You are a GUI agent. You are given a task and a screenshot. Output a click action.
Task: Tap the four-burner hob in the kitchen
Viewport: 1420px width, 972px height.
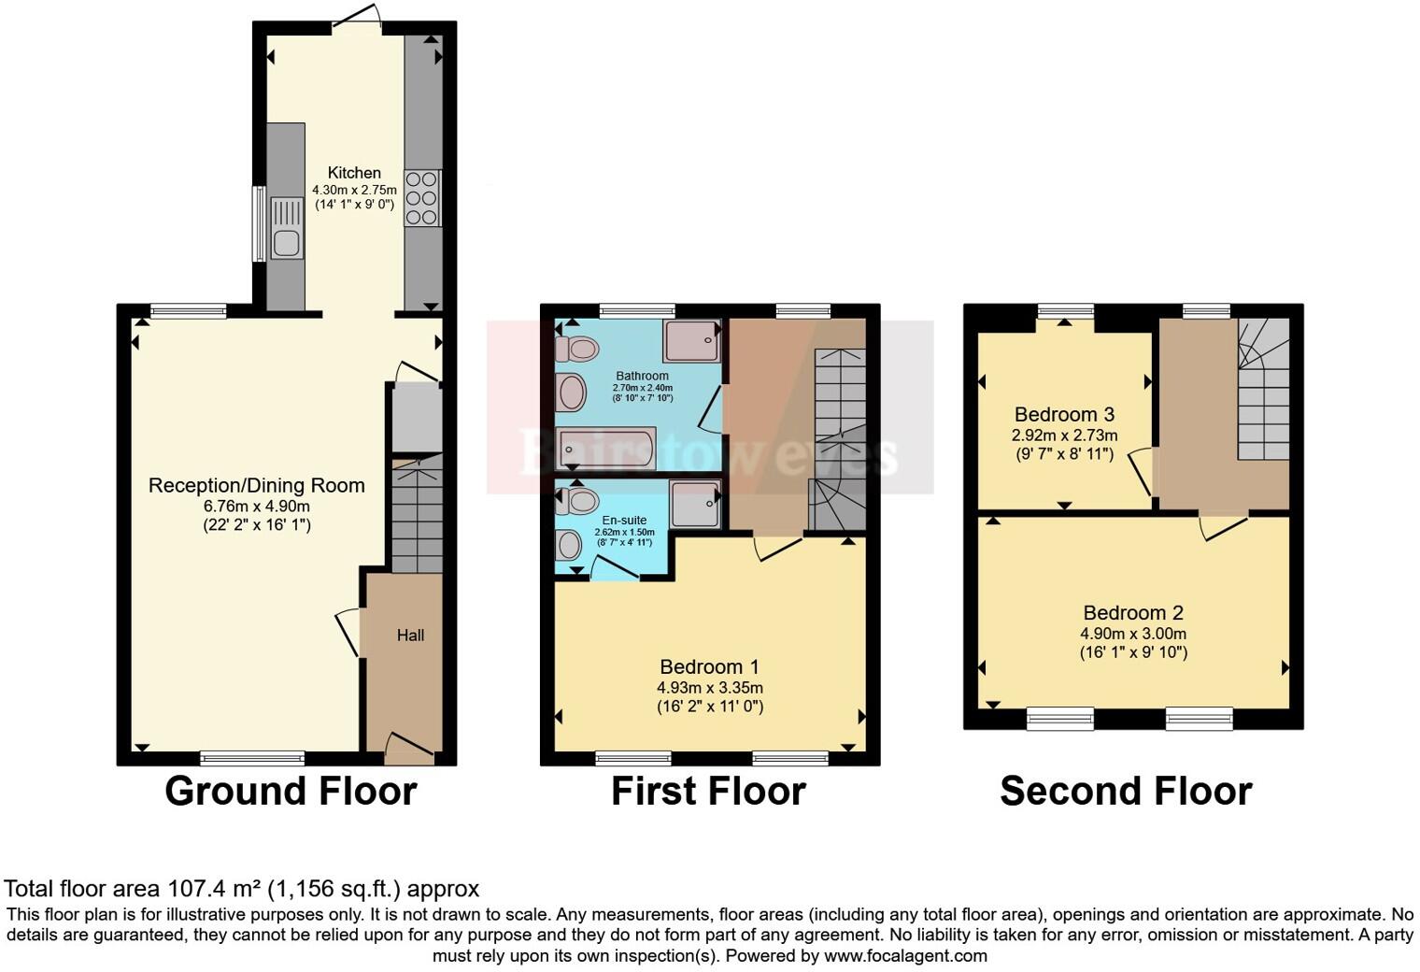(x=421, y=198)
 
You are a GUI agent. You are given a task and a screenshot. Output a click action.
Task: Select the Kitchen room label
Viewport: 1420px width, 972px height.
(x=354, y=173)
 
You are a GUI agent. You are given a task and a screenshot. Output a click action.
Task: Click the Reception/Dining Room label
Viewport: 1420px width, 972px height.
(x=256, y=485)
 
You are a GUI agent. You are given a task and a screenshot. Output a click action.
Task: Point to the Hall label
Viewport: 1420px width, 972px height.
(x=410, y=636)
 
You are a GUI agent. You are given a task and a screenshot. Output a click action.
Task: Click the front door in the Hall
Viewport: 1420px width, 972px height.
(x=408, y=744)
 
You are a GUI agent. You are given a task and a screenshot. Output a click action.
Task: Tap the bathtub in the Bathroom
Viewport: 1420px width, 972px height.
(x=605, y=449)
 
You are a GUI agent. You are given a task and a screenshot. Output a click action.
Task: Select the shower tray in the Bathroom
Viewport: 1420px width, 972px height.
(x=691, y=341)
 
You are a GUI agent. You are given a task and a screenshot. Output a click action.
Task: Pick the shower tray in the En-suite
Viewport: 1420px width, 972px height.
(x=695, y=505)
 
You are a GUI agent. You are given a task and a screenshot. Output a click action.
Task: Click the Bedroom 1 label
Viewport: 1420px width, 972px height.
(x=709, y=666)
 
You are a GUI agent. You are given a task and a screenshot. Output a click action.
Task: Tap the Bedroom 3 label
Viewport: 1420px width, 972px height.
(x=1064, y=414)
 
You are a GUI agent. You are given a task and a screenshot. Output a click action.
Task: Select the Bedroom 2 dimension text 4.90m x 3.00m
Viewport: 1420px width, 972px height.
(x=1133, y=633)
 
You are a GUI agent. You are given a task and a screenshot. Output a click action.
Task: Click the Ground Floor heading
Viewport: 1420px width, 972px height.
(x=291, y=791)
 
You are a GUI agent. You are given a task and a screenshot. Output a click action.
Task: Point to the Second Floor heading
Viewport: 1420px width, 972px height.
(x=1126, y=791)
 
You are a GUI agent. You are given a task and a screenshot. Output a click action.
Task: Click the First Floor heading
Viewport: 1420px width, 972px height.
(x=708, y=791)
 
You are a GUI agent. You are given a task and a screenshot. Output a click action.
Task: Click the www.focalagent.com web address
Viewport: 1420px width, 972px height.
(x=905, y=955)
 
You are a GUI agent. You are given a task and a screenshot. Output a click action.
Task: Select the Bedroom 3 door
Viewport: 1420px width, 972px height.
(x=1141, y=472)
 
